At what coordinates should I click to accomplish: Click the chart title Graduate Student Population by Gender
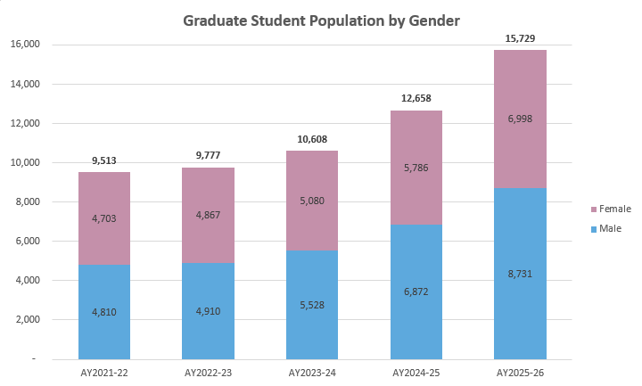pyautogui.click(x=321, y=20)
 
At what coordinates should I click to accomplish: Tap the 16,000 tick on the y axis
pyautogui.click(x=27, y=45)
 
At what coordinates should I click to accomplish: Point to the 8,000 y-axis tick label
pyautogui.click(x=29, y=201)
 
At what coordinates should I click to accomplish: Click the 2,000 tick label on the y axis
pyautogui.click(x=29, y=319)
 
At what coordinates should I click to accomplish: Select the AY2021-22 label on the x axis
pyautogui.click(x=104, y=370)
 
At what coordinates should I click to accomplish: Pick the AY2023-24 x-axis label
pyautogui.click(x=312, y=370)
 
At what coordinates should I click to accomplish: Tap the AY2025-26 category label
pyautogui.click(x=520, y=370)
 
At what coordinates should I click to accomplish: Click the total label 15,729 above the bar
pyautogui.click(x=520, y=38)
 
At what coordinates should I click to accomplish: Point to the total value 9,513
pyautogui.click(x=104, y=161)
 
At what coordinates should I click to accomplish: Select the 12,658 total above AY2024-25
pyautogui.click(x=416, y=99)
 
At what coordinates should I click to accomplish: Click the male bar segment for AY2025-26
pyautogui.click(x=520, y=294)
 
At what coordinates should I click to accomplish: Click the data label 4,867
pyautogui.click(x=209, y=214)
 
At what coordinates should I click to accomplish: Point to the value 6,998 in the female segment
pyautogui.click(x=520, y=119)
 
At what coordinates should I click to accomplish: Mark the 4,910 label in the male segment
pyautogui.click(x=209, y=312)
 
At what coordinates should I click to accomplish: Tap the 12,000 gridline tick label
pyautogui.click(x=27, y=123)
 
